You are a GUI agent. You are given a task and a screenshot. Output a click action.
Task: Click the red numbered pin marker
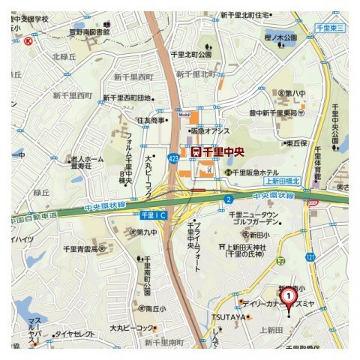[287, 298]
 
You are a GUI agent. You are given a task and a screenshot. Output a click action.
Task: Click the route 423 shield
[174, 158]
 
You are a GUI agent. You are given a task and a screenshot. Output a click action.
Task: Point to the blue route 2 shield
[226, 199]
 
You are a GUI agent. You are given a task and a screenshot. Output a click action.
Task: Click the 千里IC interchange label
[151, 215]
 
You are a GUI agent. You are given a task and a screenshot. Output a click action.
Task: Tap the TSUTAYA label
[229, 317]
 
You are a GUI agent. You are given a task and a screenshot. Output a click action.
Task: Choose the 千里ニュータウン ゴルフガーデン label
[254, 218]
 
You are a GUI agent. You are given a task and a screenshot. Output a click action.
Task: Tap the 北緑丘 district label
[65, 56]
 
